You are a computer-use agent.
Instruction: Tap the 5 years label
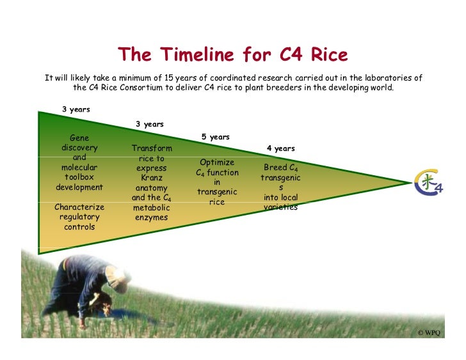click(x=216, y=137)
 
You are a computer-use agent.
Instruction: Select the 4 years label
click(x=280, y=148)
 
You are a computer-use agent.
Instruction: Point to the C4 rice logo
click(x=428, y=182)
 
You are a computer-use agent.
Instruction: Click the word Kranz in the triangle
click(x=152, y=178)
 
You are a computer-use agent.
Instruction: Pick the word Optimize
click(x=217, y=162)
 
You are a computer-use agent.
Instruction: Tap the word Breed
click(x=272, y=168)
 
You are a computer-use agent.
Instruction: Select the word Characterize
click(x=79, y=207)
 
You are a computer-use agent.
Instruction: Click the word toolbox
click(x=79, y=177)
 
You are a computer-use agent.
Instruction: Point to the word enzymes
click(x=152, y=217)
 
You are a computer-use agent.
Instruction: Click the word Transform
click(x=152, y=148)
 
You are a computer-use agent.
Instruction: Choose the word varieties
click(x=280, y=207)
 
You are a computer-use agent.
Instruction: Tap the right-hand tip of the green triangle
click(x=410, y=182)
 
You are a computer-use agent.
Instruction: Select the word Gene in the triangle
click(x=79, y=138)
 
